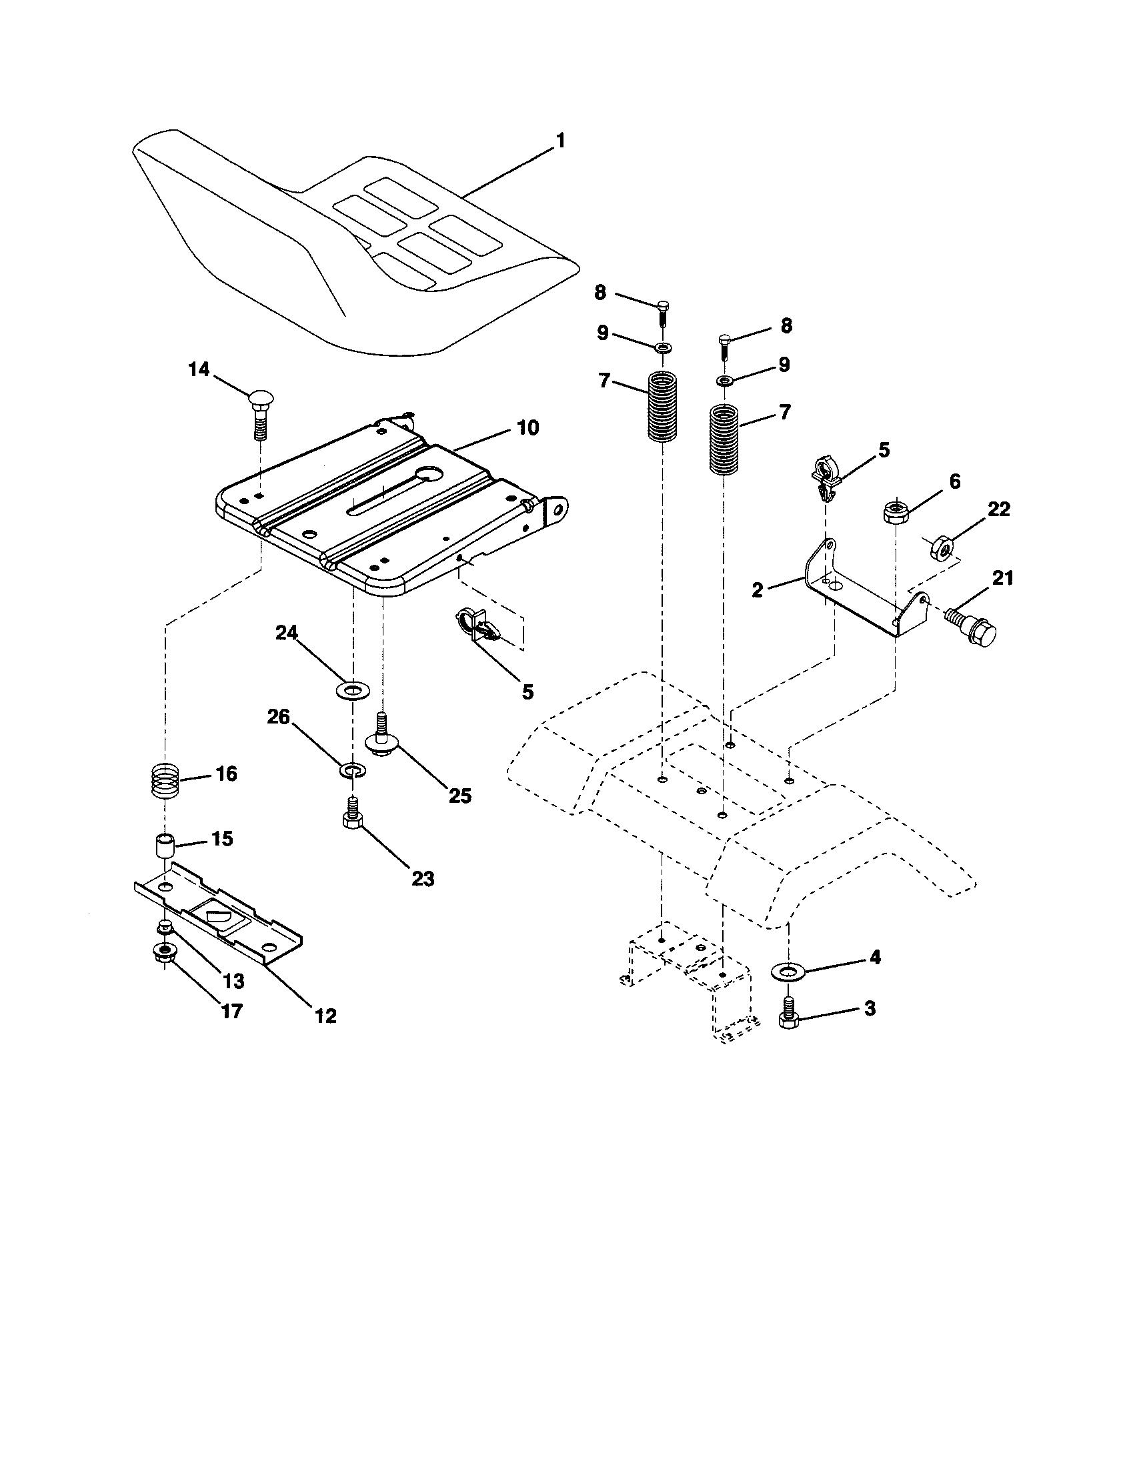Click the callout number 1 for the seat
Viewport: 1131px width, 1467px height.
(559, 141)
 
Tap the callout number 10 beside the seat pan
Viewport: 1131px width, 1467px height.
(528, 428)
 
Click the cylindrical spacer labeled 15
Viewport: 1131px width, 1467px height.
(165, 844)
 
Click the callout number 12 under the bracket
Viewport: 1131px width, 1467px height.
(325, 1016)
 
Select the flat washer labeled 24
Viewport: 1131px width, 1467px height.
(351, 689)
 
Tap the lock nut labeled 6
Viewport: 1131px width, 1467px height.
(894, 513)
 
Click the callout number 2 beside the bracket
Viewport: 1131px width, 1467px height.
(758, 589)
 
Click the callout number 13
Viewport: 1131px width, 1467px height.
(233, 982)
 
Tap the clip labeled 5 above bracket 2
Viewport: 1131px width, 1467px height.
(826, 475)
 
